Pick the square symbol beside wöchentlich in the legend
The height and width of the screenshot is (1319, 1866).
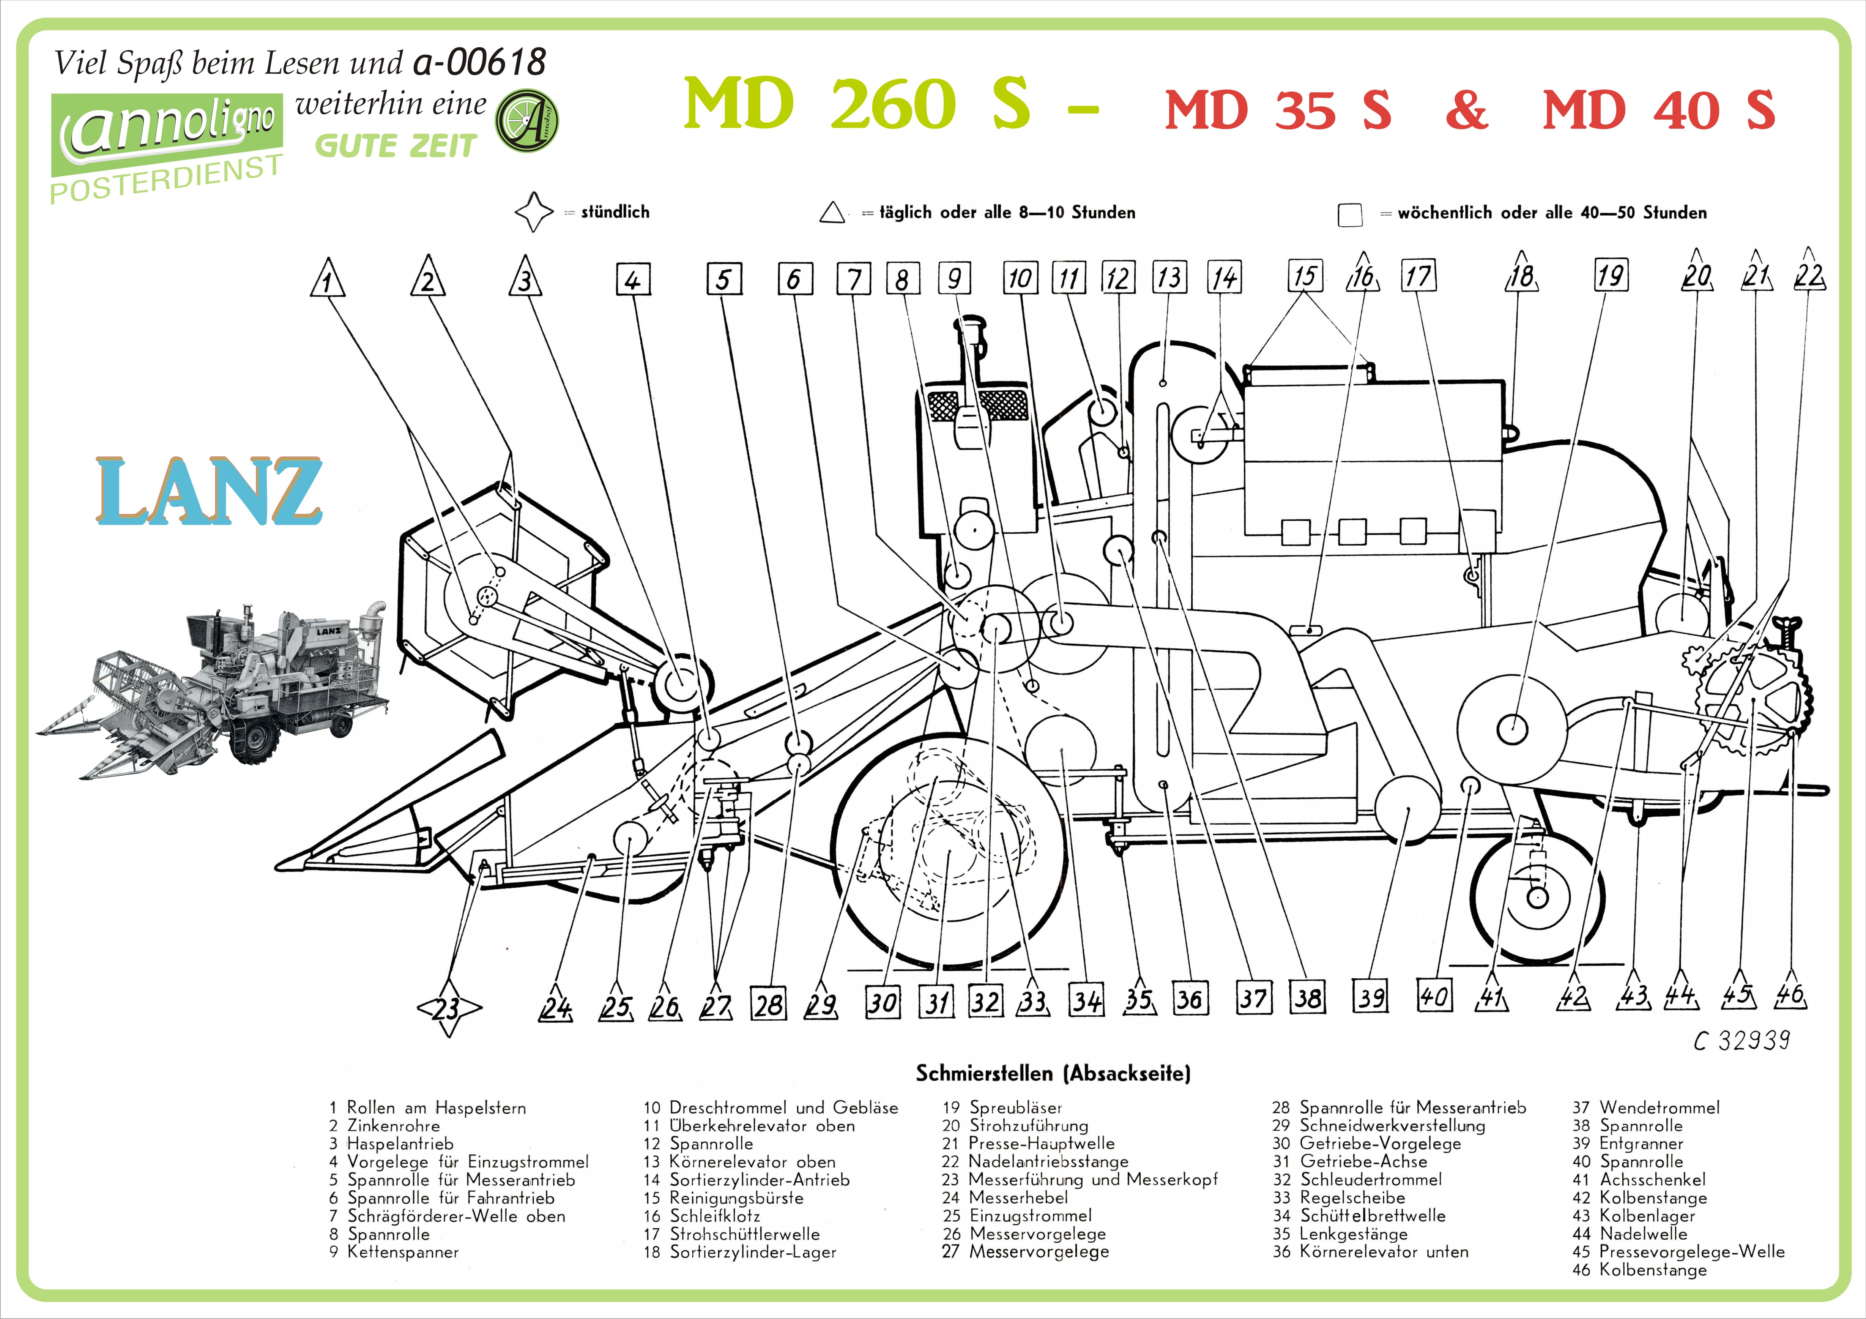(x=1350, y=215)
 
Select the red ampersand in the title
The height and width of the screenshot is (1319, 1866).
(x=1467, y=110)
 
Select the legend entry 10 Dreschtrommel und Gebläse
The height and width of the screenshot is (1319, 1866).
(x=771, y=1108)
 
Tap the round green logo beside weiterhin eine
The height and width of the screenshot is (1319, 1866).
(x=526, y=120)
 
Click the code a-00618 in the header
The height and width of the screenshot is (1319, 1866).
(x=479, y=62)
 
